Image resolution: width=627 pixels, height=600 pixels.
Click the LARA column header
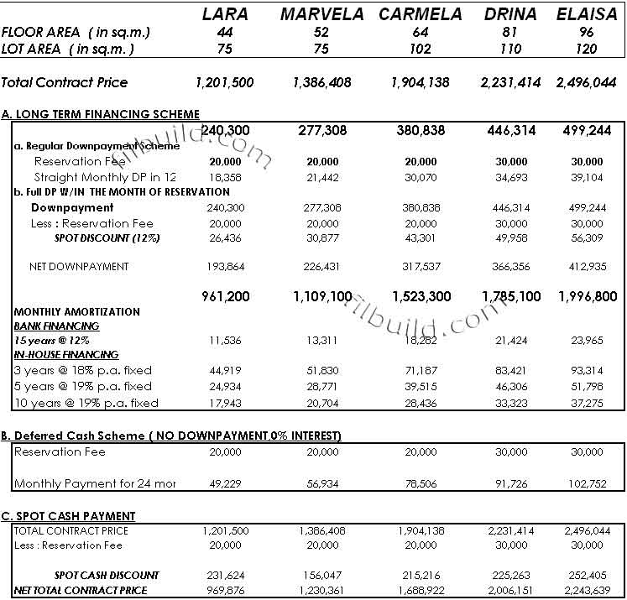(x=226, y=14)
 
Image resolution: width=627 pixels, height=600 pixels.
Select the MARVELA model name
(x=322, y=14)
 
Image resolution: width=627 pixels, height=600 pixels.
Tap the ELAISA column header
(x=587, y=14)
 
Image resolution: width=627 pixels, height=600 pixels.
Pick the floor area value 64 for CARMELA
(x=420, y=32)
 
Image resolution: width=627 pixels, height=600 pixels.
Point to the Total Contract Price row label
(x=65, y=82)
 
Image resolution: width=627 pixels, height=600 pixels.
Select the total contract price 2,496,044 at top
(x=587, y=82)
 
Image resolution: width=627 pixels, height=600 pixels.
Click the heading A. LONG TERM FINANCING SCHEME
(x=101, y=114)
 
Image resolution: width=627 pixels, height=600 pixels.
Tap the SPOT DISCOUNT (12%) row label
(x=107, y=238)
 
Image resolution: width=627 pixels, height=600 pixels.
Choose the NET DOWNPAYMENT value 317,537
(x=420, y=267)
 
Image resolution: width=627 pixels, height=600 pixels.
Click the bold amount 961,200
(x=226, y=296)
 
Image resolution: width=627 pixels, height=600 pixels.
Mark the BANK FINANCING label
(x=56, y=326)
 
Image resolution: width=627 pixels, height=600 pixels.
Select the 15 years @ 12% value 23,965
(x=587, y=341)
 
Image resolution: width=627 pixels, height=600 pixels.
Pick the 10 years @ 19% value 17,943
(x=226, y=403)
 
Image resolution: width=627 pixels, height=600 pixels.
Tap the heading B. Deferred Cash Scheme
(x=173, y=436)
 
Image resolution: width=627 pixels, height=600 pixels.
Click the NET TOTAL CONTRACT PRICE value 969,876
(x=226, y=591)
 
